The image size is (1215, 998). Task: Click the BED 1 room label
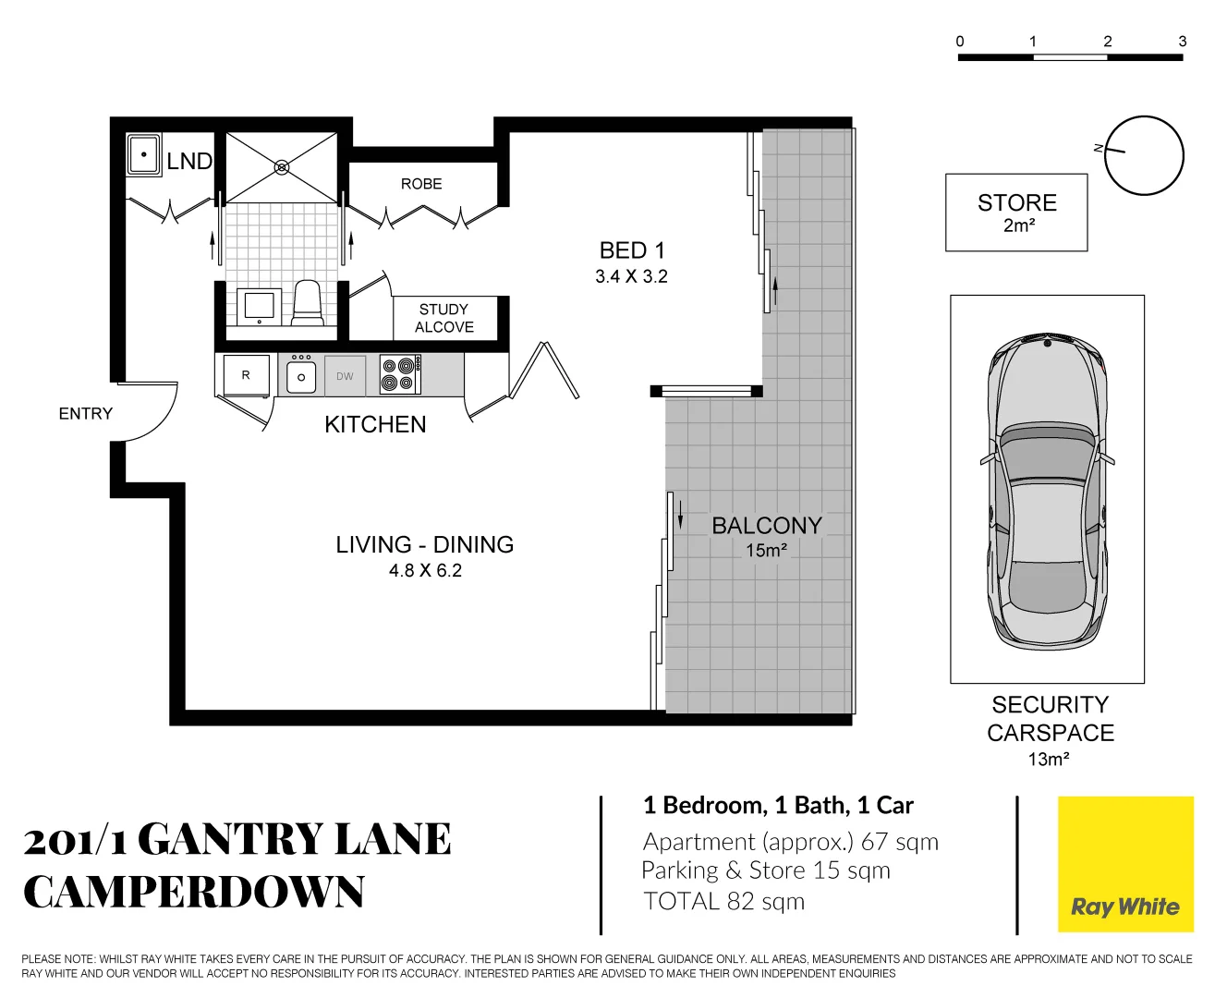click(632, 251)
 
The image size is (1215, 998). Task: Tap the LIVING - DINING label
click(424, 545)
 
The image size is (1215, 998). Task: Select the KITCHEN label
click(375, 425)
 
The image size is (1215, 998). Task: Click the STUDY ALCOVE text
click(443, 318)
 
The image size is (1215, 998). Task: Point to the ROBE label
click(421, 184)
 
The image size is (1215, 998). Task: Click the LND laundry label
click(189, 162)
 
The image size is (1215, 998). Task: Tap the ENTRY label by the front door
click(85, 414)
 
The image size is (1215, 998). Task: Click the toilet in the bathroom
click(308, 302)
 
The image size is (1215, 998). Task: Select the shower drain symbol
click(282, 167)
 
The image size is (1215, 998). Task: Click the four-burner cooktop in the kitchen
click(400, 375)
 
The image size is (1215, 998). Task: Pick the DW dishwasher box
click(345, 376)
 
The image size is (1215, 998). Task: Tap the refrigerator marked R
click(246, 375)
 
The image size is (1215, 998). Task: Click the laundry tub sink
click(144, 154)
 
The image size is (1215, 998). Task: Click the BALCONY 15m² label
click(767, 536)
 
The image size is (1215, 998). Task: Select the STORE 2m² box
click(1016, 213)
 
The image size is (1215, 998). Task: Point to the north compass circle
click(1144, 155)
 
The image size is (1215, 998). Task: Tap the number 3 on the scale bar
click(1182, 42)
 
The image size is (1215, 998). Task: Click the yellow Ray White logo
click(1125, 865)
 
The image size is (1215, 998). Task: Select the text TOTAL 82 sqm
click(724, 902)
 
